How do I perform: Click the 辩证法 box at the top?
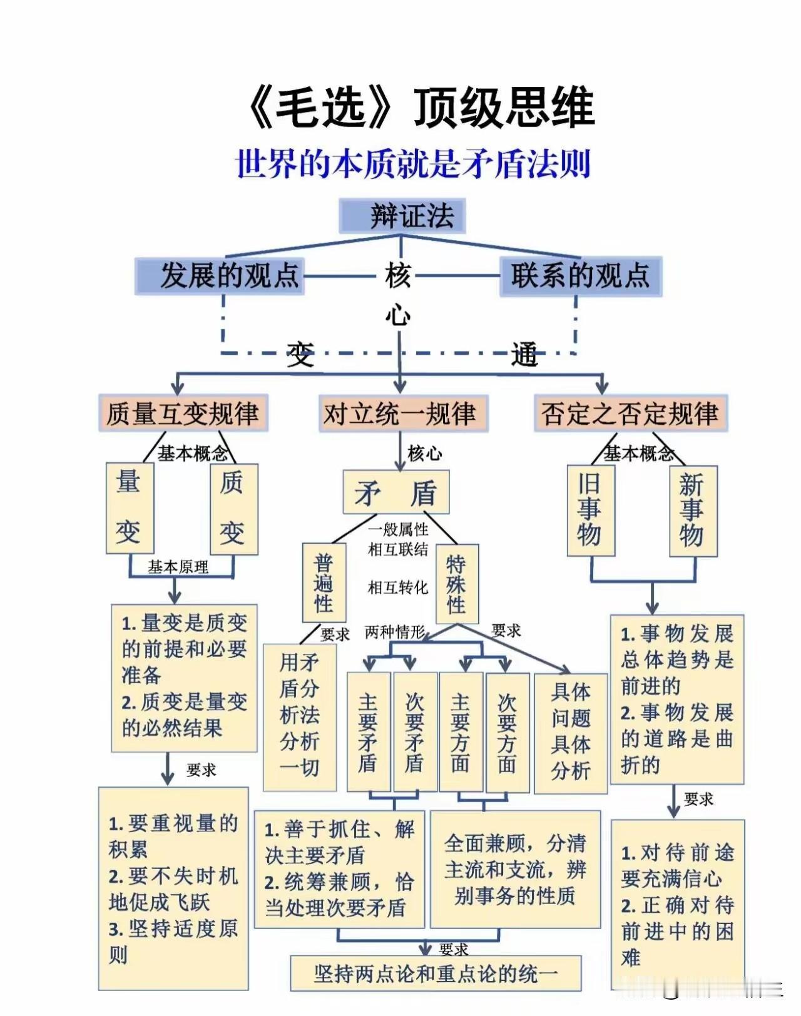tap(402, 216)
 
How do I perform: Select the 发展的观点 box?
tap(220, 276)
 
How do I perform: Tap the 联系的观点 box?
tap(580, 276)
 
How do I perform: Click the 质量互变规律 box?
tap(183, 414)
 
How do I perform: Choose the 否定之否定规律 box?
tap(630, 414)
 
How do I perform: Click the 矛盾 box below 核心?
tap(396, 494)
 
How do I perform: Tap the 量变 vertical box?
tap(130, 508)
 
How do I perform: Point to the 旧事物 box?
tap(590, 510)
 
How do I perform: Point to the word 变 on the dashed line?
tap(300, 355)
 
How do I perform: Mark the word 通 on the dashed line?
tap(524, 355)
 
